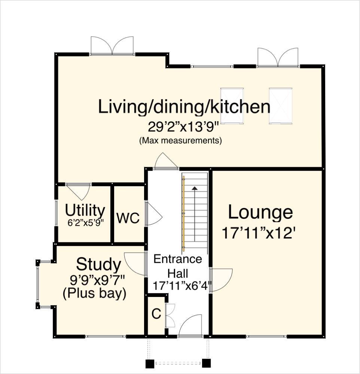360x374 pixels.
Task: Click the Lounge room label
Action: [260, 212]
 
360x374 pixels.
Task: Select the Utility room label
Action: [85, 210]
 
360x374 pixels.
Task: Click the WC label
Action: [128, 218]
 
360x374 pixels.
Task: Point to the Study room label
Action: [99, 265]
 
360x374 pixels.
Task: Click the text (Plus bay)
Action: [94, 293]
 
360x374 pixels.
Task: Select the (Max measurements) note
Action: [180, 141]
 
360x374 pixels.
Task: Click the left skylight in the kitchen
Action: [232, 105]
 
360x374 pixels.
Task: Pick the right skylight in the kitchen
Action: [280, 105]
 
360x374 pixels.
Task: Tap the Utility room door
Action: [79, 191]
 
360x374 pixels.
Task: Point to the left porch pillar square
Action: [149, 363]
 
